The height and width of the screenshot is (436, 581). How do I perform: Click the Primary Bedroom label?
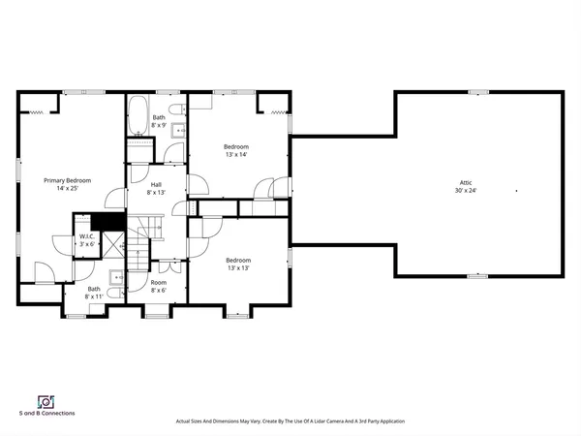pyautogui.click(x=66, y=180)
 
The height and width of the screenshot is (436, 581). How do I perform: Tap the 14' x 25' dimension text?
pyautogui.click(x=66, y=188)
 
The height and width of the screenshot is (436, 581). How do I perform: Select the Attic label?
pyautogui.click(x=466, y=182)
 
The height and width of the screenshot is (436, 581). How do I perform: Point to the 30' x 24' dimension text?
pyautogui.click(x=466, y=190)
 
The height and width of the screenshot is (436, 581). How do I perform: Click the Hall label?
pyautogui.click(x=156, y=185)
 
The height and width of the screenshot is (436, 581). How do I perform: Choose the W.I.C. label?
pyautogui.click(x=87, y=236)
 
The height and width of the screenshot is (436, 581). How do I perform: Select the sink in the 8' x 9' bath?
pyautogui.click(x=178, y=129)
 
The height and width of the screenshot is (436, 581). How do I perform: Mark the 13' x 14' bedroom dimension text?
pyautogui.click(x=237, y=155)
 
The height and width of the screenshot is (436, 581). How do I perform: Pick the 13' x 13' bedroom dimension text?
pyautogui.click(x=238, y=267)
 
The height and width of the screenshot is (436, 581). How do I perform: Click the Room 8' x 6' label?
pyautogui.click(x=158, y=287)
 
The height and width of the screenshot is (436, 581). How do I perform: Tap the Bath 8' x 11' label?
pyautogui.click(x=94, y=294)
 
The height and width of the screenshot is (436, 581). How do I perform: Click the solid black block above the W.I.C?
pyautogui.click(x=113, y=220)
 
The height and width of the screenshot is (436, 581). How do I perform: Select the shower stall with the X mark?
pyautogui.click(x=115, y=247)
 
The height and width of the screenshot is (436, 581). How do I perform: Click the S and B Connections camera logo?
pyautogui.click(x=45, y=401)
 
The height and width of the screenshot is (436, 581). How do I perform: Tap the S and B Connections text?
pyautogui.click(x=46, y=413)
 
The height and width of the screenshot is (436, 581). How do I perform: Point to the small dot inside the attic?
pyautogui.click(x=517, y=191)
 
